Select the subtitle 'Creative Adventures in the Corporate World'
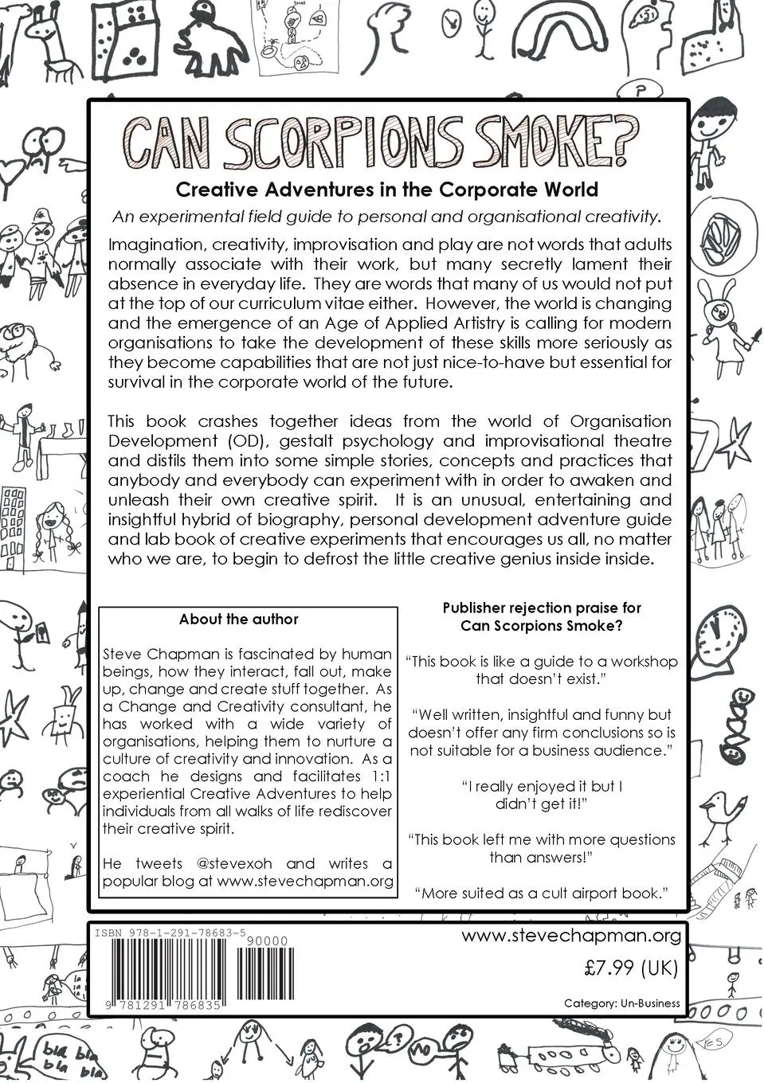point(386,190)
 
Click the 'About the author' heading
point(238,619)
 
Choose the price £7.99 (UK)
point(630,968)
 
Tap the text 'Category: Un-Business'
point(621,1003)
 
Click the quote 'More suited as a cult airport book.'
point(542,893)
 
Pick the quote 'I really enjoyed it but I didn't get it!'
point(542,795)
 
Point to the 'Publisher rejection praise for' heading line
point(542,608)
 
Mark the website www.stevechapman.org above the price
point(571,936)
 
